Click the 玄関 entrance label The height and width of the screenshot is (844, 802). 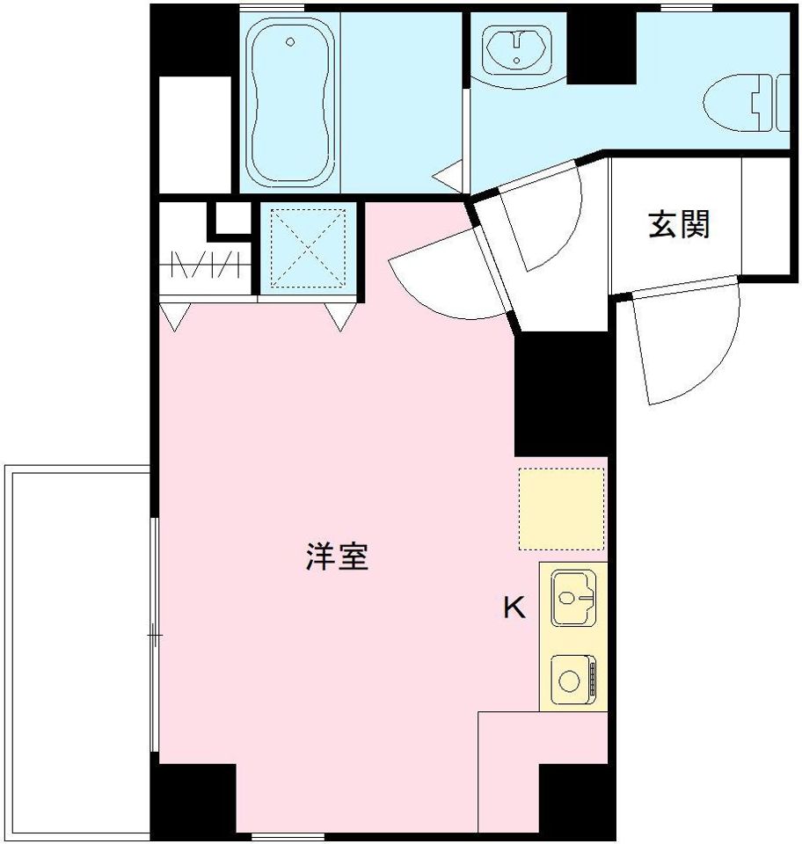point(679,225)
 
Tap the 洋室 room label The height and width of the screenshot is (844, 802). point(336,557)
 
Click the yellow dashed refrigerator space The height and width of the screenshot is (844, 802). point(561,508)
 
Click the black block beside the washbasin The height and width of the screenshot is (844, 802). point(602,48)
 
